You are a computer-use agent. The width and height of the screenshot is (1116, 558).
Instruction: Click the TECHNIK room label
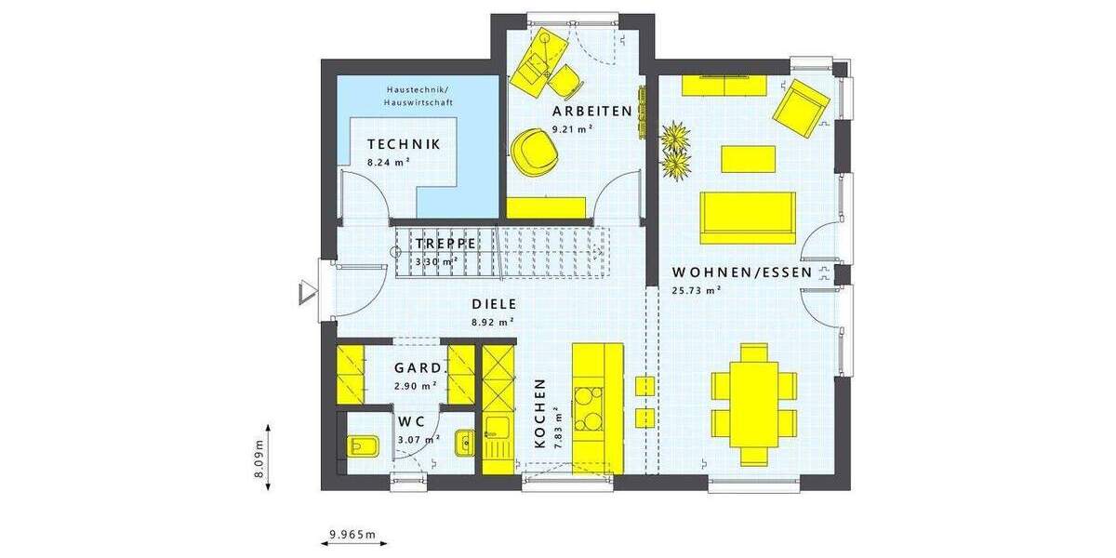(403, 144)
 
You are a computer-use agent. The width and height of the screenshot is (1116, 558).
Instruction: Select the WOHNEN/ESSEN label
(741, 272)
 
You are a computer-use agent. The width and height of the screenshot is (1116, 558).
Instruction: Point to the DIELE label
(494, 304)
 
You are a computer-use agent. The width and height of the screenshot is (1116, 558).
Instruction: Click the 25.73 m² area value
(697, 290)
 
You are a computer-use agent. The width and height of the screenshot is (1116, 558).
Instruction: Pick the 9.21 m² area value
(573, 129)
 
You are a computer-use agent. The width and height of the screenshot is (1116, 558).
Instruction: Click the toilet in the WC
(360, 446)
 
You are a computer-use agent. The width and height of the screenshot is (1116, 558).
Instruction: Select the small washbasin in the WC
(464, 444)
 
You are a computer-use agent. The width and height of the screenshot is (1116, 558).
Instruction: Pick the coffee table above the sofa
(748, 158)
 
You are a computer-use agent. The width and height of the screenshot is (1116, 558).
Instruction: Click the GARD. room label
(419, 367)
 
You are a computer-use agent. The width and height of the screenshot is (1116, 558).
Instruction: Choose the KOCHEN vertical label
(539, 414)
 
